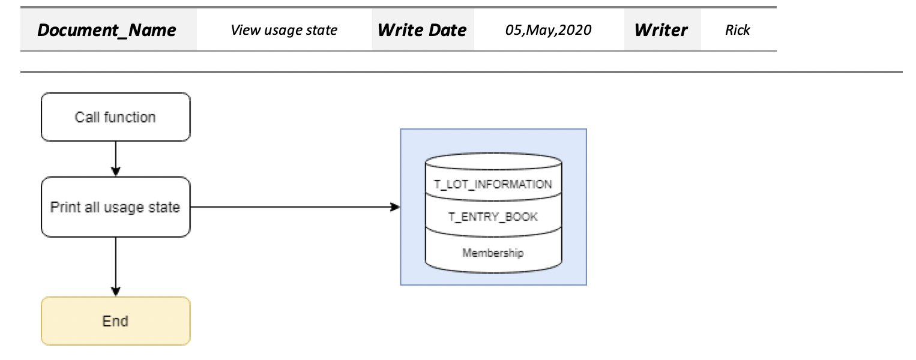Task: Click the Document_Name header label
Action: [107, 30]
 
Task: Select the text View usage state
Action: [284, 30]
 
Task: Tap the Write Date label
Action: [422, 30]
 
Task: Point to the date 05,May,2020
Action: [547, 30]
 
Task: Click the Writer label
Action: [661, 30]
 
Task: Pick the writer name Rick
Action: [737, 30]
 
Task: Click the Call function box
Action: [115, 117]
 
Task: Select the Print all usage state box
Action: [115, 207]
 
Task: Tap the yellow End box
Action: [115, 321]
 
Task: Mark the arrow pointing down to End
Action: [115, 266]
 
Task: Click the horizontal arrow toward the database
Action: [294, 207]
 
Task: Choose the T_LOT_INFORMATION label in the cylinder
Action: [493, 184]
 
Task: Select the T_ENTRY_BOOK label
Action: [493, 217]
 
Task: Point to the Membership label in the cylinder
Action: [493, 253]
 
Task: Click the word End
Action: [115, 321]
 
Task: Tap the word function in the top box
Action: [132, 117]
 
